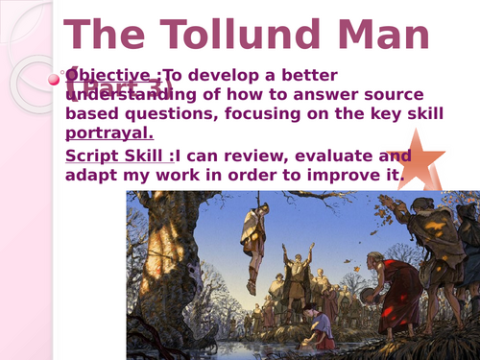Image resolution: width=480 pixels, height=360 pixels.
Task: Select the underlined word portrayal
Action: coord(108,132)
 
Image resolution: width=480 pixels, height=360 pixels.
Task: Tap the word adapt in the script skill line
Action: coord(91,175)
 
